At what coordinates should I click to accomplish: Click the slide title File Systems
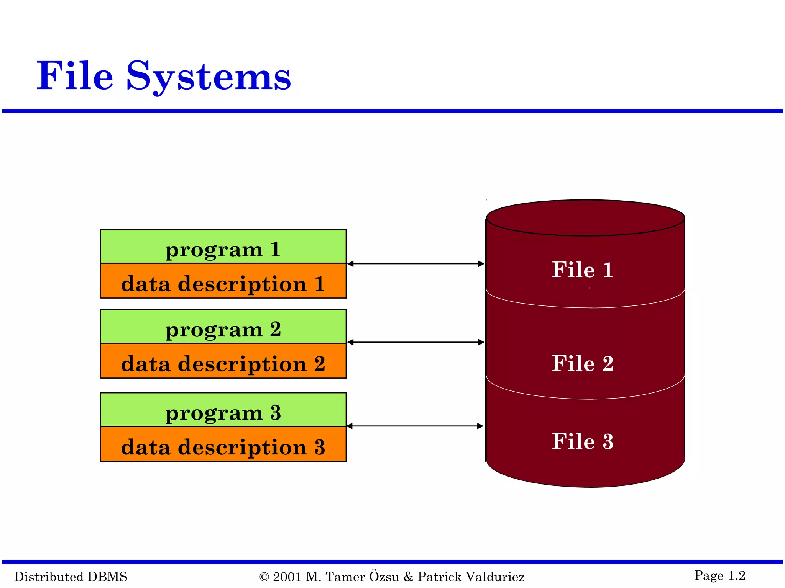click(x=164, y=76)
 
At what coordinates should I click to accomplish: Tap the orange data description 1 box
click(x=223, y=281)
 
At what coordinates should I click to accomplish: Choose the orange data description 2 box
click(x=223, y=361)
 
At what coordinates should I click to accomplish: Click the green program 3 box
click(x=223, y=410)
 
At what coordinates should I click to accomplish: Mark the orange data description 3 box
click(x=223, y=444)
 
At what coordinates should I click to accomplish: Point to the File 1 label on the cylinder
click(x=582, y=269)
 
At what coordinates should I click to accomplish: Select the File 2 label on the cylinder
click(x=582, y=363)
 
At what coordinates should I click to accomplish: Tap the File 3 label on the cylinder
click(x=582, y=441)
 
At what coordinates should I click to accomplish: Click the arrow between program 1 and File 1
click(x=416, y=264)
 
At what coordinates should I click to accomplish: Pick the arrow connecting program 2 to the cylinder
click(x=416, y=342)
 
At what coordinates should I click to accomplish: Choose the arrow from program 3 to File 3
click(x=415, y=426)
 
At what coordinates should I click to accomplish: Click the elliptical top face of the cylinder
click(x=585, y=218)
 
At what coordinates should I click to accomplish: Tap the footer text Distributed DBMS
click(x=71, y=577)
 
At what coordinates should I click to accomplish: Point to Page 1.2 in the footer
click(x=719, y=575)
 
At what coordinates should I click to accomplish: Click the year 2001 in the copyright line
click(x=287, y=577)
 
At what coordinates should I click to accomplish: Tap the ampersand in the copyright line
click(x=409, y=577)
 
